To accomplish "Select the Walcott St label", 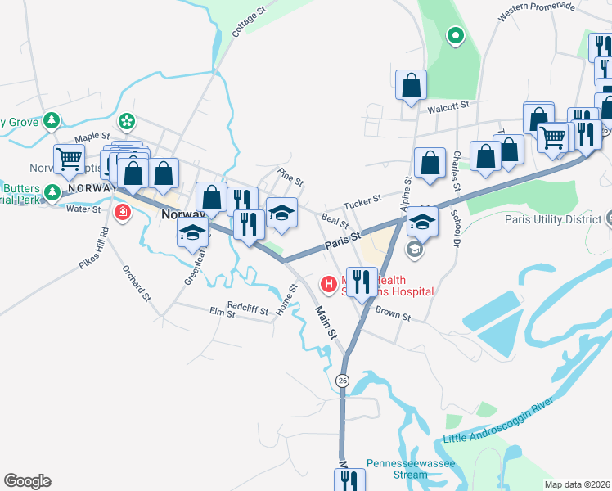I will [448, 106].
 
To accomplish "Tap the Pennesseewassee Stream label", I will [409, 468].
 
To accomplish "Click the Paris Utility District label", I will [553, 220].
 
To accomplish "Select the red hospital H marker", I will [328, 285].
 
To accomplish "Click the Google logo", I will [27, 480].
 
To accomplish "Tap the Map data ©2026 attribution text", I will [577, 484].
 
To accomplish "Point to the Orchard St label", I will [137, 282].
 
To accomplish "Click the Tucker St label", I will [362, 200].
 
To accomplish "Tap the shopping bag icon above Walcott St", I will [411, 84].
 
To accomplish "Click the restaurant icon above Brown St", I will [362, 282].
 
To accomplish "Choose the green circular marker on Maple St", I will [126, 122].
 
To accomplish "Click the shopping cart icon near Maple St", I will [69, 157].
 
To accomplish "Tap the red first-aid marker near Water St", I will [123, 213].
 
